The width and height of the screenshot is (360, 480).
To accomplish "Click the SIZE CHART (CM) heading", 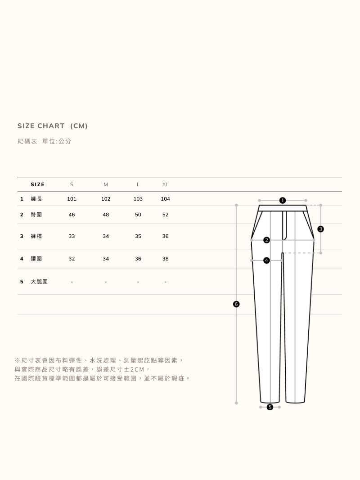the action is coord(53,126).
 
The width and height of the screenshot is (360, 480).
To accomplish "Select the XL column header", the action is coord(165,184).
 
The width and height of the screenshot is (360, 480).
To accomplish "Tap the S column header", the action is coord(72,184).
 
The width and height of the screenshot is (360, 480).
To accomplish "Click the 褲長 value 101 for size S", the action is coord(72,199).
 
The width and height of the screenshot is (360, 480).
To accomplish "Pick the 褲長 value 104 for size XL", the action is coord(165,199).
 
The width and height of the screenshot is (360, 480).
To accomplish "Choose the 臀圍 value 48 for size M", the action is coord(106,215).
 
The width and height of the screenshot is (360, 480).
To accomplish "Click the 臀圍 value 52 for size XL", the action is coord(165,215).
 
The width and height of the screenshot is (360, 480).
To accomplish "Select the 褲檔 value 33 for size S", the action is coord(72,236).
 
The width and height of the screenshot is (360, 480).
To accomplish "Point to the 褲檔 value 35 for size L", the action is coord(138,236).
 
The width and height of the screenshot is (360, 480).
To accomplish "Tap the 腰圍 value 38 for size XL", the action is coord(165,259).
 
